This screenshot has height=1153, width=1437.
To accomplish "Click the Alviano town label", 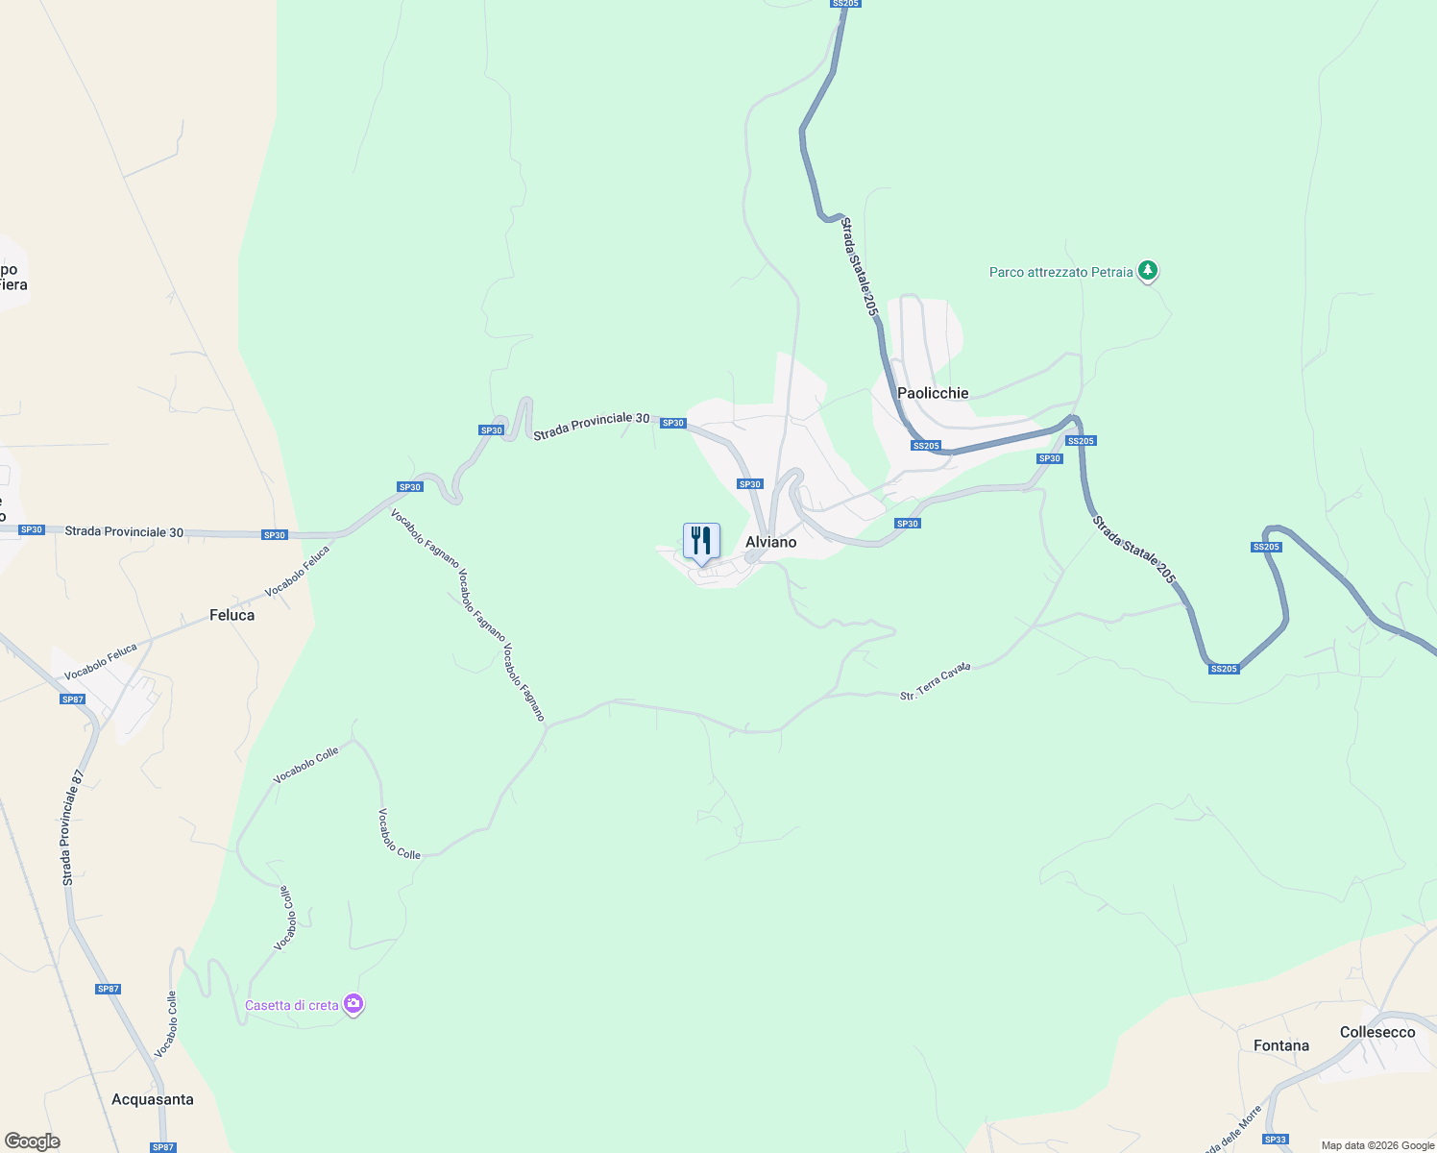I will (770, 542).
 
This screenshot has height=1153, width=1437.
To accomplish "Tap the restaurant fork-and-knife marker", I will (701, 542).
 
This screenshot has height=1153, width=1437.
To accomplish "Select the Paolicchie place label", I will (933, 393).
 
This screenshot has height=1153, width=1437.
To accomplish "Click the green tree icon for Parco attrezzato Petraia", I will (1147, 271).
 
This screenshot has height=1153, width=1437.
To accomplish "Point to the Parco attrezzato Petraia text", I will (1060, 272).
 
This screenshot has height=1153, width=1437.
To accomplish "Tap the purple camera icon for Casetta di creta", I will (353, 1004).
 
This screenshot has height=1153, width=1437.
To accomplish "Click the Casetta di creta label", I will (291, 1005).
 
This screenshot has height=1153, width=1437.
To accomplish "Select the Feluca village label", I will (231, 615).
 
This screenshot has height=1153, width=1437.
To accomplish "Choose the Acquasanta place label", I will (153, 1099).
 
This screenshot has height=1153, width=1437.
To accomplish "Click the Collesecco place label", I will (1377, 1032).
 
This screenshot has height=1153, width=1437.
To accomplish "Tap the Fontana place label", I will (1280, 1045).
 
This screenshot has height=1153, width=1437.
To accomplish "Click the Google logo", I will (33, 1141).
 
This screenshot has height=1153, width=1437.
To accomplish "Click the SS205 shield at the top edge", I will (845, 4).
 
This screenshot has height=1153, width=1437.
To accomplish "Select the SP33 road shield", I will (1276, 1140).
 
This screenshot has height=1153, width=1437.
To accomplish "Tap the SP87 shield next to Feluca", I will (73, 699).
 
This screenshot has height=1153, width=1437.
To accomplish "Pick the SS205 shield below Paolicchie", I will (926, 446).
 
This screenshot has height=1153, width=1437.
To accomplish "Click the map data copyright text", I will (1377, 1145).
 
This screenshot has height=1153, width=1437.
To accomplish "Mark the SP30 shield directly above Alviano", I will (750, 484).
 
